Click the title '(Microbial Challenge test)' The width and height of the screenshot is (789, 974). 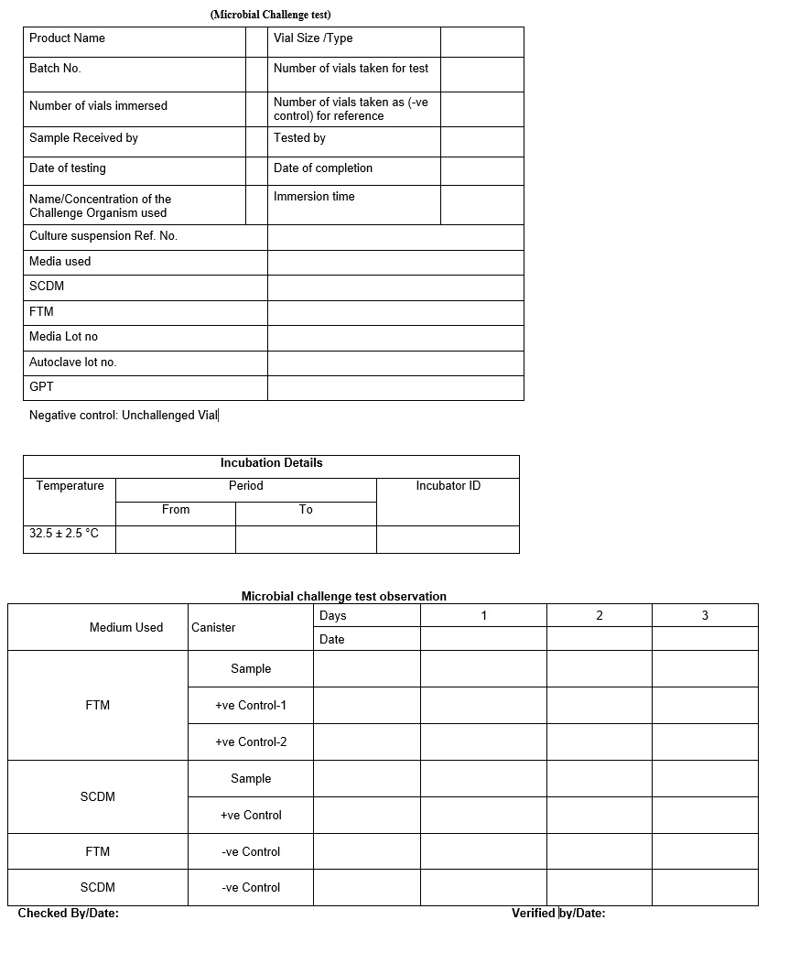click(270, 15)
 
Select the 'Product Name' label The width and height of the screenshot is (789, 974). click(67, 38)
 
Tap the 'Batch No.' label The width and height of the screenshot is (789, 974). click(55, 69)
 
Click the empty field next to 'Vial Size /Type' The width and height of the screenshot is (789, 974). click(481, 42)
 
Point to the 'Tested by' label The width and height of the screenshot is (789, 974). click(299, 138)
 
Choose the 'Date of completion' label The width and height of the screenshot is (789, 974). click(323, 168)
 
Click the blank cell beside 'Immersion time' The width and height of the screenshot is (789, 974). click(481, 205)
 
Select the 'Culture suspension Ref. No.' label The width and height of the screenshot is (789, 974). click(103, 236)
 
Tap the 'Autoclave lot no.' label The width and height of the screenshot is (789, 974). click(73, 363)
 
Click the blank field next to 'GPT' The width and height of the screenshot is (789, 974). click(395, 388)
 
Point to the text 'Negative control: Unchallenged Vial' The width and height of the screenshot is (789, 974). click(124, 416)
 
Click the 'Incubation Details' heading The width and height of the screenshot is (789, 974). click(271, 463)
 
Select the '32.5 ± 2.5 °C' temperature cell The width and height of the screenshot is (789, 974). click(64, 534)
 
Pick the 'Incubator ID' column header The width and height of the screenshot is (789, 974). click(448, 486)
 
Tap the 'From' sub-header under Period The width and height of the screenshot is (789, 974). click(176, 510)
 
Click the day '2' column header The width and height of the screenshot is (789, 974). click(600, 616)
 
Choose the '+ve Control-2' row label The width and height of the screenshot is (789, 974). click(251, 742)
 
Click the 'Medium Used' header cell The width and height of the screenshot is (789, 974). click(126, 628)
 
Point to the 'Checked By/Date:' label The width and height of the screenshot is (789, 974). click(69, 914)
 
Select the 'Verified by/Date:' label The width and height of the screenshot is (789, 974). click(558, 914)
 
